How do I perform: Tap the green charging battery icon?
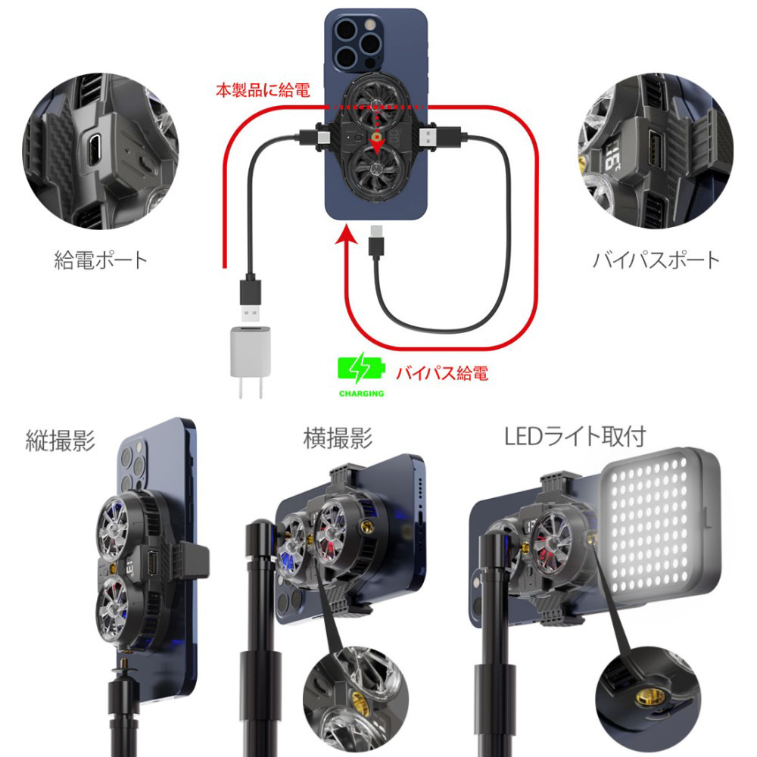[360, 370]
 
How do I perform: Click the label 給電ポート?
[101, 260]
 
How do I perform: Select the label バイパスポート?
[656, 260]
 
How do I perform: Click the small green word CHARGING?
[361, 394]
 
